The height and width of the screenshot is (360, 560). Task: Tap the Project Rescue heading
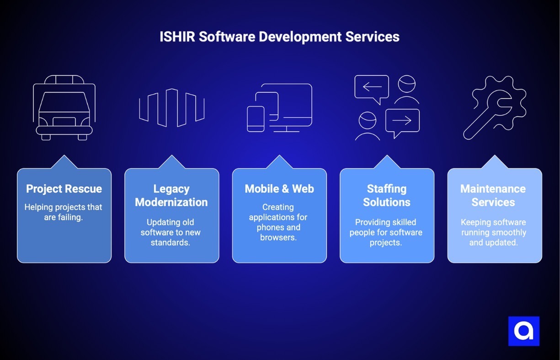click(64, 189)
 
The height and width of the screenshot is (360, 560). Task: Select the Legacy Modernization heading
click(171, 195)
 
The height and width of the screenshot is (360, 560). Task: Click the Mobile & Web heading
click(279, 189)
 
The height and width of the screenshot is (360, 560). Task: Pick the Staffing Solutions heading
click(387, 195)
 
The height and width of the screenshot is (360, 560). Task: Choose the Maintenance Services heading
click(493, 195)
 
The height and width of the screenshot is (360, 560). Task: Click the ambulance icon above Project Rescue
click(64, 108)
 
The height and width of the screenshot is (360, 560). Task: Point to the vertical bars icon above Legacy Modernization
click(171, 107)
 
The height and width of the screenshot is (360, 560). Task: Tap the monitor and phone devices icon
click(280, 108)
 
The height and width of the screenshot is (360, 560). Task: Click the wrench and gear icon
click(494, 107)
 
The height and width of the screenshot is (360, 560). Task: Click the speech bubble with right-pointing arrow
click(402, 121)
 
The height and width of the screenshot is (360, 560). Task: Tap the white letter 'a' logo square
click(524, 331)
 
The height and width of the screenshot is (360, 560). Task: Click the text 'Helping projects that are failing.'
click(64, 212)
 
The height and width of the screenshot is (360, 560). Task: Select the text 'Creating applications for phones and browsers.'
click(278, 222)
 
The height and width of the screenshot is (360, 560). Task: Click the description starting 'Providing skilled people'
click(386, 232)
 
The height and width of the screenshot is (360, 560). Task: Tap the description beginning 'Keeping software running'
click(493, 232)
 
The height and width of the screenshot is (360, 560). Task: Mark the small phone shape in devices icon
click(256, 119)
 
